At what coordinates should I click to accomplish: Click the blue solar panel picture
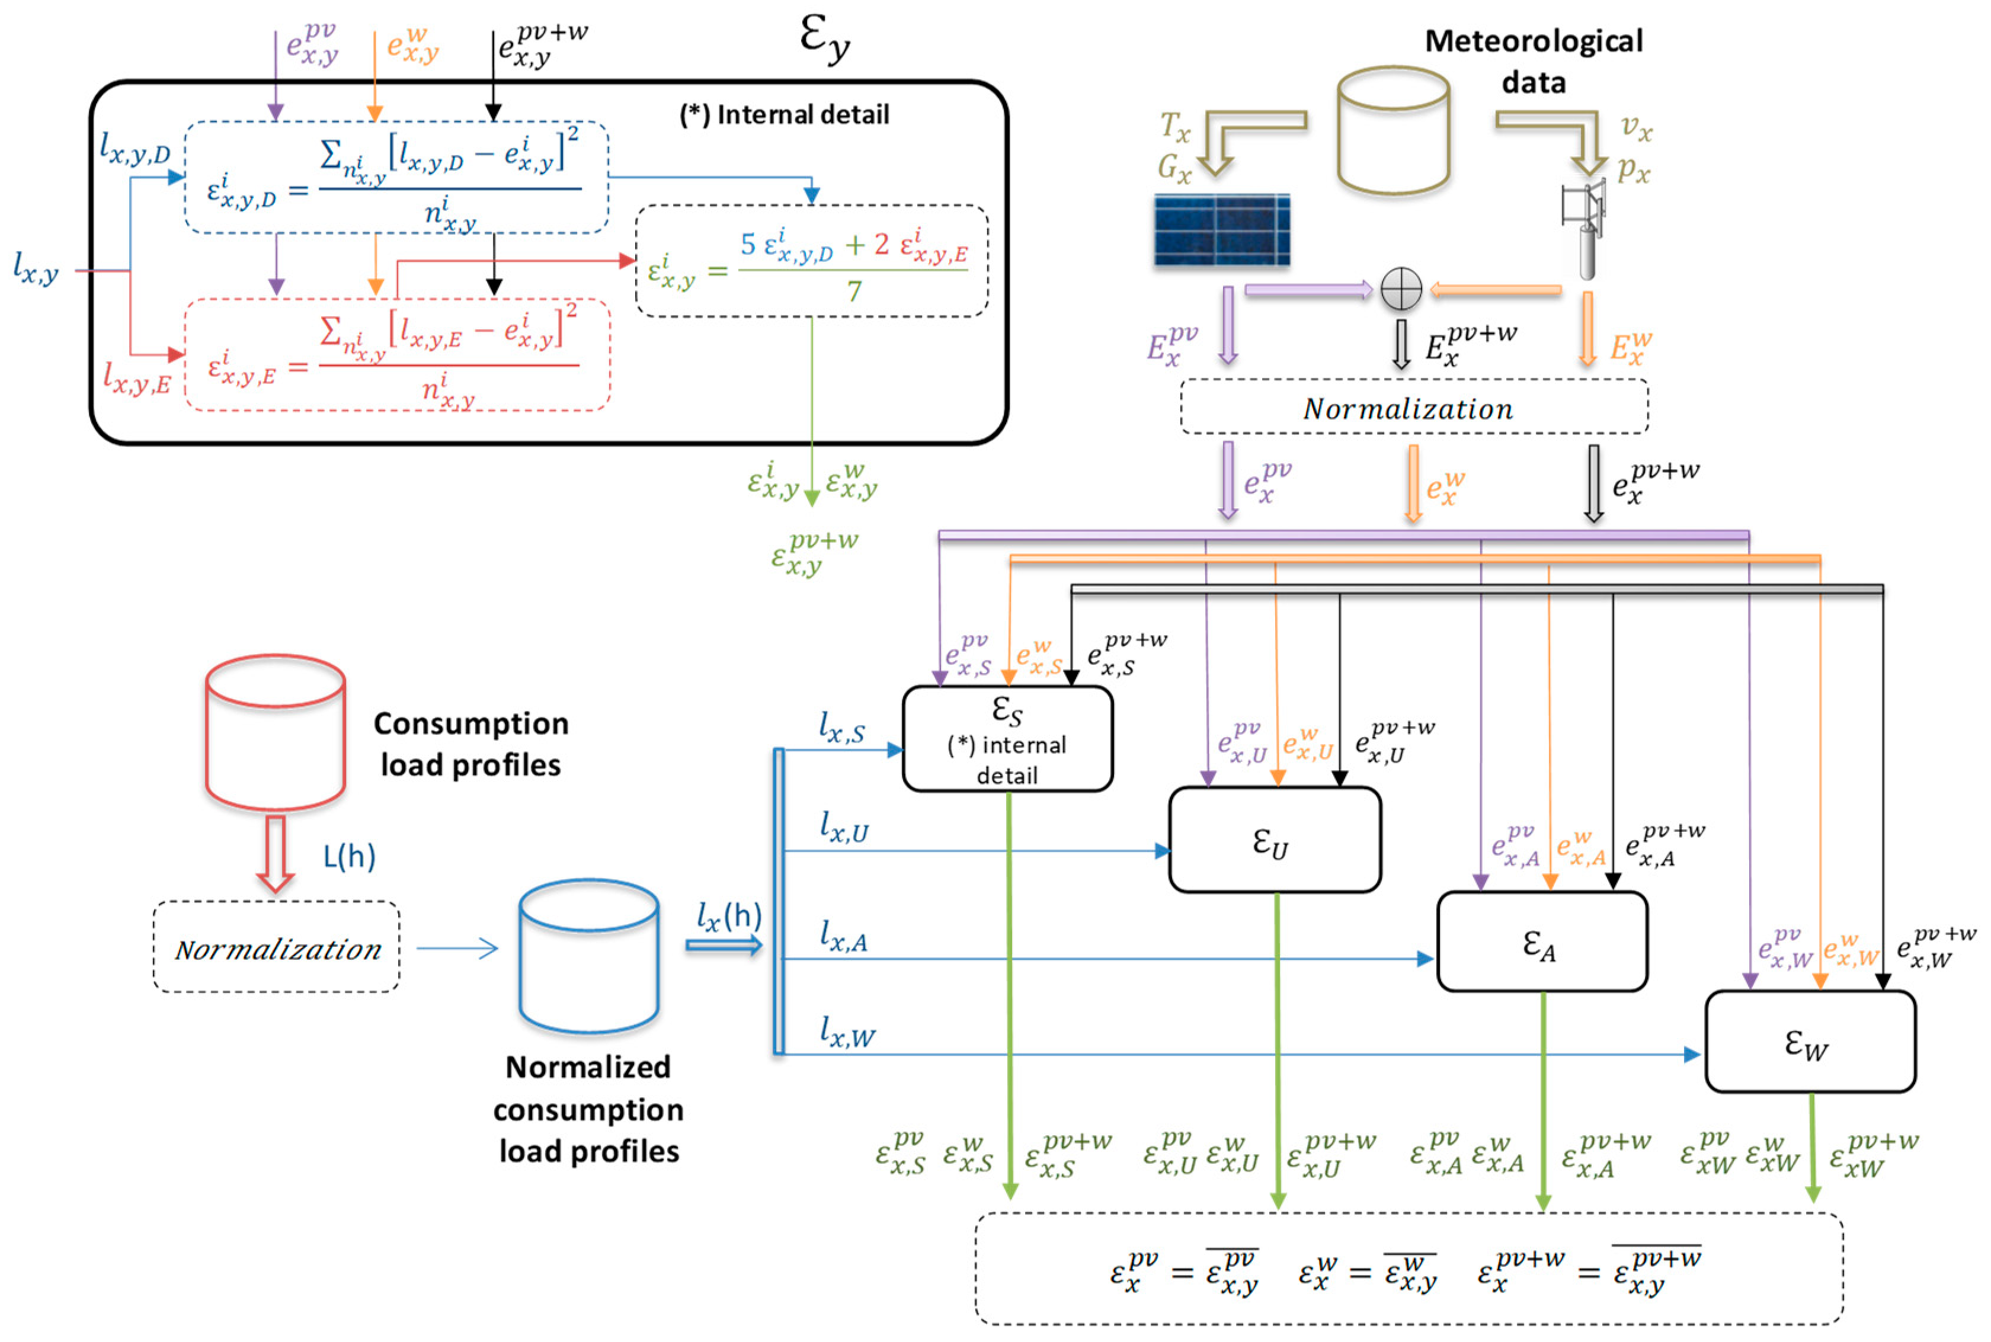click(x=1221, y=229)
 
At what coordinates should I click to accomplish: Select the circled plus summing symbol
click(x=1401, y=289)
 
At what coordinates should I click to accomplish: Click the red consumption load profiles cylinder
click(x=276, y=732)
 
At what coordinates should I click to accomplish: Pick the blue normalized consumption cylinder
click(x=589, y=956)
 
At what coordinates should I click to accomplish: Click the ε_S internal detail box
click(x=1007, y=739)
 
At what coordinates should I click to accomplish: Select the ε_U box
click(x=1275, y=840)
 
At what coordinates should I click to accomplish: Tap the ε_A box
click(x=1542, y=941)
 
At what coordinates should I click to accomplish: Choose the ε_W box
click(x=1810, y=1042)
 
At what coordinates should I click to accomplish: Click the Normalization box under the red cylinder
click(x=277, y=947)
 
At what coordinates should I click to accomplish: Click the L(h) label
click(x=349, y=856)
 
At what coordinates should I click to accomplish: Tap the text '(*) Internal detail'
click(x=784, y=115)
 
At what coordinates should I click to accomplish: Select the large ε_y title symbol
click(x=824, y=39)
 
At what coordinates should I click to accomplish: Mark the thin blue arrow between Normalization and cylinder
click(x=457, y=947)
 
